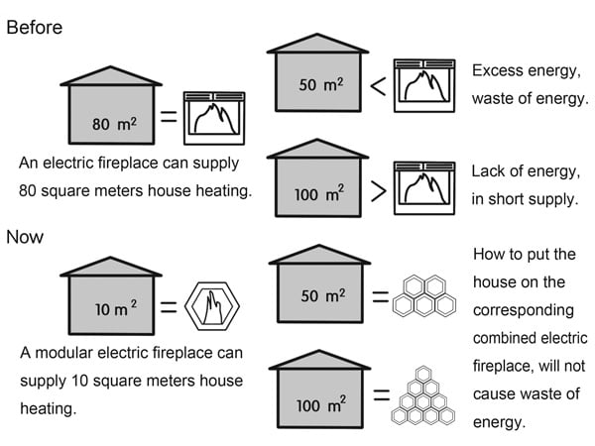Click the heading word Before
click(x=35, y=27)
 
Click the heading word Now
click(x=26, y=237)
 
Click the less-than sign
click(x=378, y=86)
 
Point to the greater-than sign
click(x=378, y=192)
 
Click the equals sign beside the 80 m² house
click(x=169, y=116)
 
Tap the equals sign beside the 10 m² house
click(x=169, y=307)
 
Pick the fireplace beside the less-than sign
click(x=423, y=85)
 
